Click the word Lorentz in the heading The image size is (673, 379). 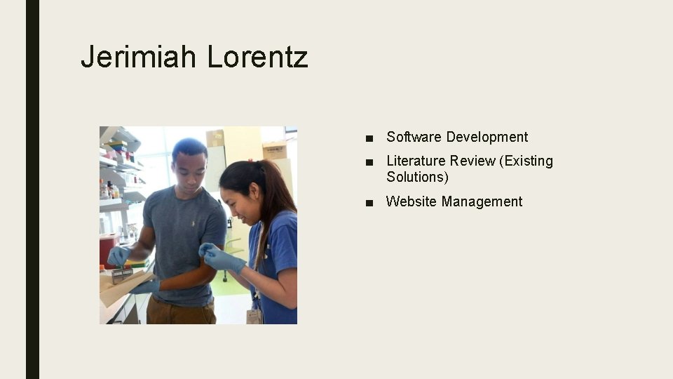(x=257, y=56)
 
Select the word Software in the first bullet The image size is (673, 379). (x=414, y=137)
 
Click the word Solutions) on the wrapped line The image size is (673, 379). (x=417, y=177)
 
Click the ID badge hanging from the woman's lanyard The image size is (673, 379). (x=254, y=315)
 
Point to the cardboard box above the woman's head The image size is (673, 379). (x=275, y=149)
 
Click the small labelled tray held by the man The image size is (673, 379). (x=123, y=274)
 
